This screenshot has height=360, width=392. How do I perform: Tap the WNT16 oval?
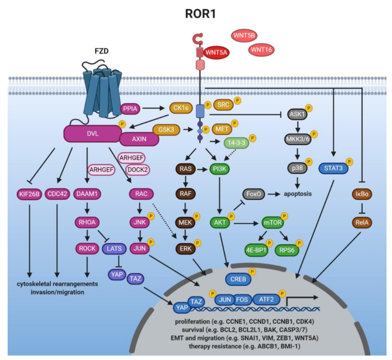[x=261, y=49]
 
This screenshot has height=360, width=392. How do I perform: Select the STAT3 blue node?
[x=331, y=169]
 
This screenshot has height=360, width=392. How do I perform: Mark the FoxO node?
[x=254, y=195]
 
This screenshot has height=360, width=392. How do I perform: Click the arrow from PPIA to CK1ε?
[x=155, y=108]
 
